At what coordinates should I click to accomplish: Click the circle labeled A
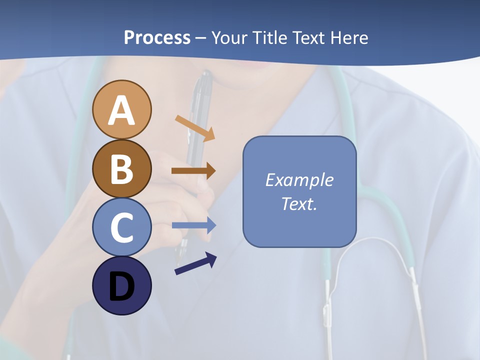121,109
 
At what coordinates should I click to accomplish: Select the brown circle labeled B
121,168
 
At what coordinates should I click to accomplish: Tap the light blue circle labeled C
121,227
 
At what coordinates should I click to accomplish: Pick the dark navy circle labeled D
121,286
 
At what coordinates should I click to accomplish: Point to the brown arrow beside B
193,171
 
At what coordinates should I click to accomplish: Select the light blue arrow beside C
194,225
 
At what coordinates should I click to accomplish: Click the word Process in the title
157,37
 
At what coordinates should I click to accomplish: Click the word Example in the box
299,180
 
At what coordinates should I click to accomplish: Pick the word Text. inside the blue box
299,203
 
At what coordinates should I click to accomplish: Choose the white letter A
121,110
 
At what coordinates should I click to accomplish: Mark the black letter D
121,286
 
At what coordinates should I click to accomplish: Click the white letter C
121,227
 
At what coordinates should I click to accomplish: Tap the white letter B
121,169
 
